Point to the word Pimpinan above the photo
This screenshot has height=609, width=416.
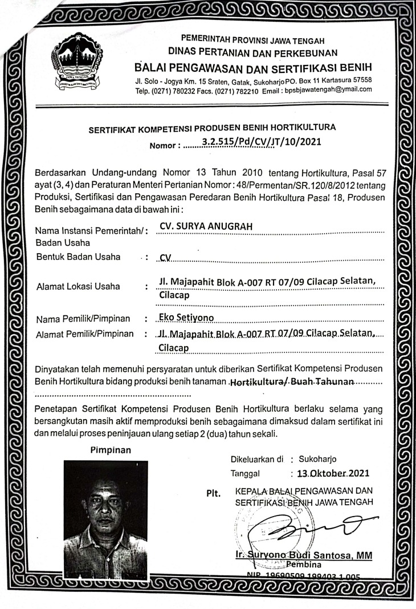[111, 449]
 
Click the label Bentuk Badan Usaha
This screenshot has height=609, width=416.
[78, 257]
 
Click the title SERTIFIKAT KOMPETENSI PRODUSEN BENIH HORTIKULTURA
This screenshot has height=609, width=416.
[212, 128]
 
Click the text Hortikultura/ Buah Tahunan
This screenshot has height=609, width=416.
[291, 380]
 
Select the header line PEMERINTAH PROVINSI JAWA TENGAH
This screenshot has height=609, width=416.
[252, 40]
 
